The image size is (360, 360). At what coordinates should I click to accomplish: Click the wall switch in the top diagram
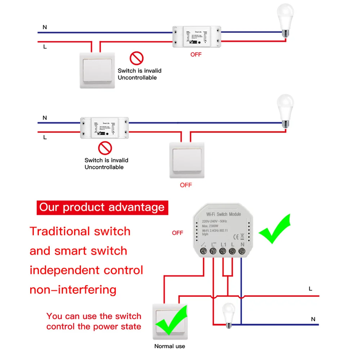click(x=98, y=70)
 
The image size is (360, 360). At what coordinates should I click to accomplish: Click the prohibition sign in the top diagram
click(x=136, y=58)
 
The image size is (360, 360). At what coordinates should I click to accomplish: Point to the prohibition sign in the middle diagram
click(x=105, y=148)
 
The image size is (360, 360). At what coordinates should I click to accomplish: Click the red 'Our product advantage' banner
click(x=102, y=207)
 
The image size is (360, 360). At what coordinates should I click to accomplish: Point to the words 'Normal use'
click(x=170, y=346)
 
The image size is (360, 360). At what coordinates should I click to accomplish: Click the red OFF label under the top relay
click(x=196, y=54)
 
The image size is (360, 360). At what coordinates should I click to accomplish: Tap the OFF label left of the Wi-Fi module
click(x=177, y=233)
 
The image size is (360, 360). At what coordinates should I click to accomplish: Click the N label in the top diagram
click(x=45, y=27)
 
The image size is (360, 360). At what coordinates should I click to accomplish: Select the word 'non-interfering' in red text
click(x=73, y=289)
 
